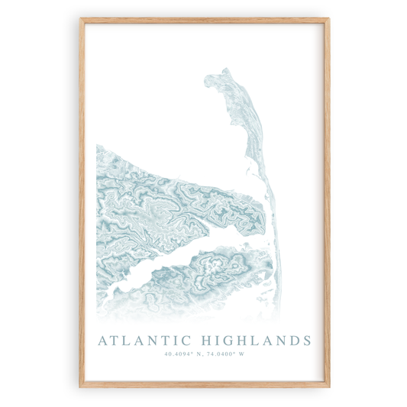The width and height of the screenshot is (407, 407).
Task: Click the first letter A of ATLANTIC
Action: coord(103,340)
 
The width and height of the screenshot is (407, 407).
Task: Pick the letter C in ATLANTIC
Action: coord(186,340)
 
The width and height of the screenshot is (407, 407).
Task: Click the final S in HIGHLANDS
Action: coord(307,340)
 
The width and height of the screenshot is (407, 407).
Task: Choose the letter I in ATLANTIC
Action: coord(174,340)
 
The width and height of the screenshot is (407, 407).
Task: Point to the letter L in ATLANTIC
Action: coord(126,340)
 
